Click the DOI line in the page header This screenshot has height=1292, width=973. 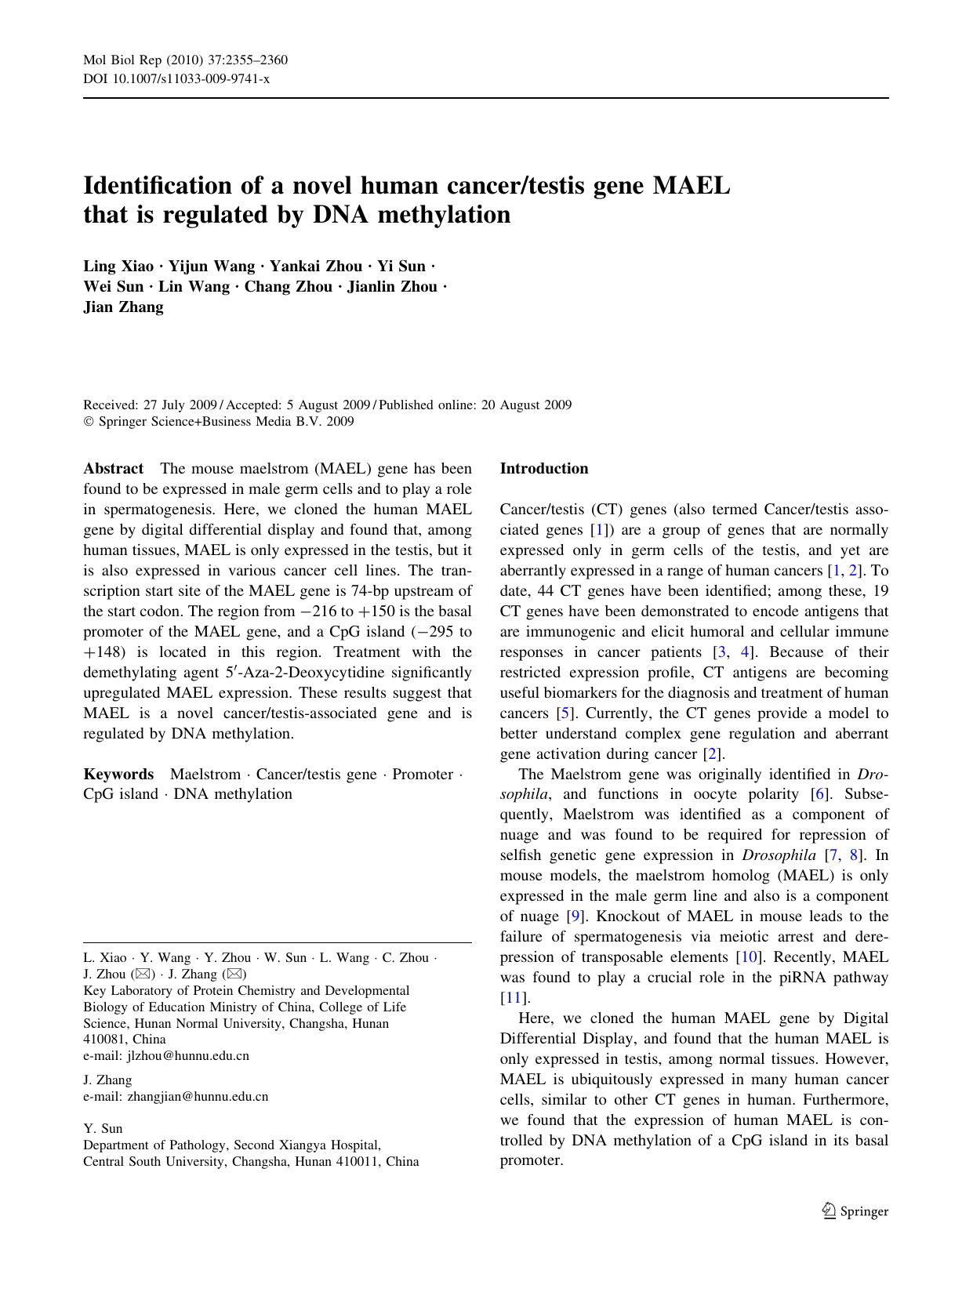pos(176,78)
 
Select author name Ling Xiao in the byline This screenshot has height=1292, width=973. pos(118,266)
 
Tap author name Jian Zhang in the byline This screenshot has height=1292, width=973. pos(123,307)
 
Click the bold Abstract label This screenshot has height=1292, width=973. pos(113,469)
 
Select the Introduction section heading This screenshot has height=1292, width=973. pos(543,469)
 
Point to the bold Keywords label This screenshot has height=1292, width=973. pos(118,775)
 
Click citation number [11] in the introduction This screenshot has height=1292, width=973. pos(514,998)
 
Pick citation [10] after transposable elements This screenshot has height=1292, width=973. pos(748,957)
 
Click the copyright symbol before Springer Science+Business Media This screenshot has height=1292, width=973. pos(88,422)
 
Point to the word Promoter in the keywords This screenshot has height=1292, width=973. pos(423,775)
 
